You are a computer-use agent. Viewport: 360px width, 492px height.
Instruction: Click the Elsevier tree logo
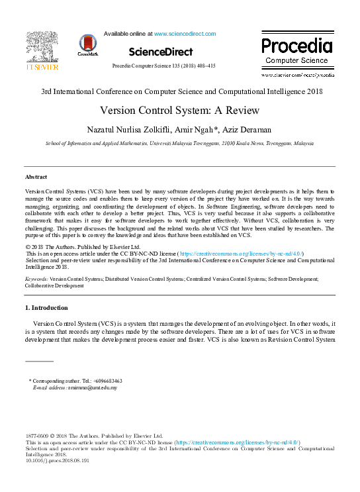(42, 47)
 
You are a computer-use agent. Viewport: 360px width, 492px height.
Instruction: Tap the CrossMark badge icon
(87, 44)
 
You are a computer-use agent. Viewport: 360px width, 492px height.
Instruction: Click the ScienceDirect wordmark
(160, 52)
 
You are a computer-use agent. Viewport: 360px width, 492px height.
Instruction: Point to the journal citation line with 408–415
(163, 66)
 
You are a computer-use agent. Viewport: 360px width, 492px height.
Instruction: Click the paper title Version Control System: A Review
(179, 111)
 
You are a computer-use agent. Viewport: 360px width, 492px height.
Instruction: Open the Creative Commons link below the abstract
(231, 254)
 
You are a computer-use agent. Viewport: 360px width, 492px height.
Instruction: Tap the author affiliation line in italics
(179, 142)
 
